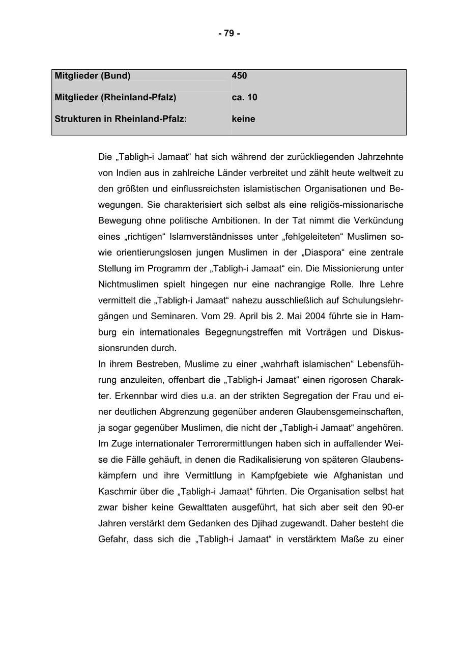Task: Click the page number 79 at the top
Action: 229,34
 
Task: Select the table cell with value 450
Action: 239,76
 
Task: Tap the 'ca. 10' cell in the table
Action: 244,97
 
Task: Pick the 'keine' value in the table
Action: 243,119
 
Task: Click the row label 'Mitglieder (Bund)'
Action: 93,76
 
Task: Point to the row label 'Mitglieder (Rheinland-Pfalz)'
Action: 116,97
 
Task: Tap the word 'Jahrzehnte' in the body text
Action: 378,157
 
